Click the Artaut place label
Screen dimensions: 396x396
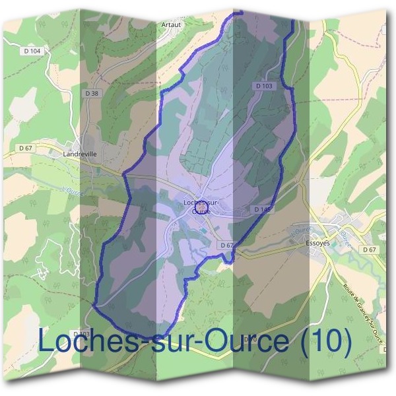[170, 25]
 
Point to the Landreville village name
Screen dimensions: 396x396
[80, 154]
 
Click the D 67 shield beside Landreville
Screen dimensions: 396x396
[25, 148]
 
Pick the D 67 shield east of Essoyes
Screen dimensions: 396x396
[369, 249]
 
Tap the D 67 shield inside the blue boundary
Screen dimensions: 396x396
[226, 245]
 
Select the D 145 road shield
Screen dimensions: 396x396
[263, 209]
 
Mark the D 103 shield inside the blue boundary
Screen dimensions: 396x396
[263, 86]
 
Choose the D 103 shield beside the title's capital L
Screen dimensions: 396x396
[81, 333]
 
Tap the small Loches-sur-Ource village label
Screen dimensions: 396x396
[202, 203]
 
